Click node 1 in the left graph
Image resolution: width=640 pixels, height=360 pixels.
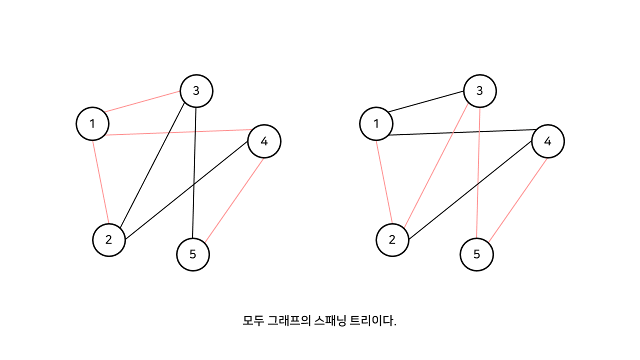click(x=92, y=123)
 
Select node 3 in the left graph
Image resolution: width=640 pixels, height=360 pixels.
click(x=196, y=90)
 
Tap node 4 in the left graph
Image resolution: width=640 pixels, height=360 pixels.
click(x=264, y=141)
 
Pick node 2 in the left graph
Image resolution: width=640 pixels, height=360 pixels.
click(x=109, y=239)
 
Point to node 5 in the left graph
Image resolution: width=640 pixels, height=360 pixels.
click(x=193, y=254)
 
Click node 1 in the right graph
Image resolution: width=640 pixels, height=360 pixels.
click(x=376, y=123)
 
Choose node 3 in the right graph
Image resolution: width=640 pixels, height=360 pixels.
click(x=480, y=90)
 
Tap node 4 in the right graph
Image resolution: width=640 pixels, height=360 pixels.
click(x=547, y=141)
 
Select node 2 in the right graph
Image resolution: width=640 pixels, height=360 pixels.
click(x=392, y=239)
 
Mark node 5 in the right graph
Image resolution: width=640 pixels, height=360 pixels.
click(x=476, y=254)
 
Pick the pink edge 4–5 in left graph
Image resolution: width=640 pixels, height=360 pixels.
click(x=234, y=199)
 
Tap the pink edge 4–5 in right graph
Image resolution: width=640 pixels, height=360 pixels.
click(x=517, y=199)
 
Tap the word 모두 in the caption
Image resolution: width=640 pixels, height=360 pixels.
click(x=253, y=320)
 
